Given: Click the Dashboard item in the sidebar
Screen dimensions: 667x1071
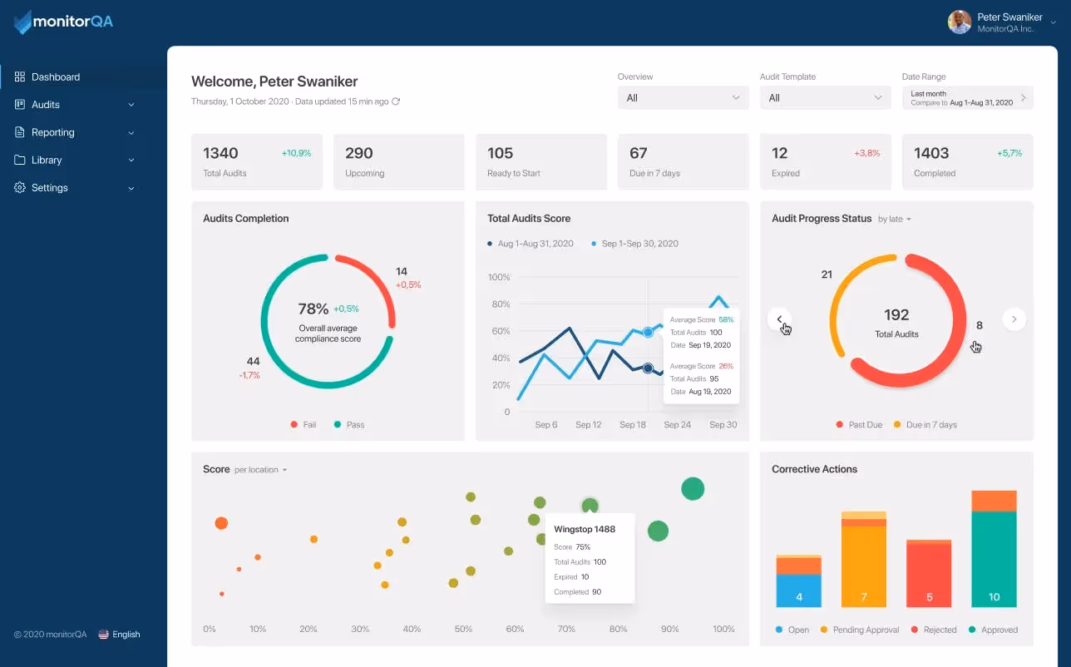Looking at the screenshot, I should pos(55,77).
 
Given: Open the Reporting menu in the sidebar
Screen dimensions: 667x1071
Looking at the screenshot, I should pos(53,132).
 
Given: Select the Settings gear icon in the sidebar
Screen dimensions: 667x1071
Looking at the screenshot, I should pos(20,188).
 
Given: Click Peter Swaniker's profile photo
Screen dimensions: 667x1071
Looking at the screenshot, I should pos(960,22).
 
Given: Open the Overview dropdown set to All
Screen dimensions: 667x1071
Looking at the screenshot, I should pos(683,98).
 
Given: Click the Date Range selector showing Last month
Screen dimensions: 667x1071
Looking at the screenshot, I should pos(967,98).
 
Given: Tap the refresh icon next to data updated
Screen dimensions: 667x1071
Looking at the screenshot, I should pos(396,101).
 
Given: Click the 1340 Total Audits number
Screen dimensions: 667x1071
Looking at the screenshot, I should pos(220,153).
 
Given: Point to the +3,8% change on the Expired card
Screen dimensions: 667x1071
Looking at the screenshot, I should pos(866,154).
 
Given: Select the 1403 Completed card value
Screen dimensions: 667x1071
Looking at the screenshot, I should pos(931,153).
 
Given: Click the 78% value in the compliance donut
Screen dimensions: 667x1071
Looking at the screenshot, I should pos(313,309).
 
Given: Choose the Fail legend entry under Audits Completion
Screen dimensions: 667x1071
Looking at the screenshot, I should pos(304,425).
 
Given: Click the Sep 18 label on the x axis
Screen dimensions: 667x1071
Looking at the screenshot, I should pos(633,425).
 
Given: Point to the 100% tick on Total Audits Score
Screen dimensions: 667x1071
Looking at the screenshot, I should pos(499,277).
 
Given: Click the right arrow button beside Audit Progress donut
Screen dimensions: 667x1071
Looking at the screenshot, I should pos(1014,319).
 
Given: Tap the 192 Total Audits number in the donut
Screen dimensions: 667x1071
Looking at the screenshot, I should pos(896,315).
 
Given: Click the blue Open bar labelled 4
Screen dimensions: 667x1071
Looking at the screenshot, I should pos(798,590).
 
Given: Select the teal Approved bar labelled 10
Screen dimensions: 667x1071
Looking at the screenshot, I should pos(994,559).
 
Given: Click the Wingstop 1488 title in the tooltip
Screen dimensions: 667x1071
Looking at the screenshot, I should pos(585,530).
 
